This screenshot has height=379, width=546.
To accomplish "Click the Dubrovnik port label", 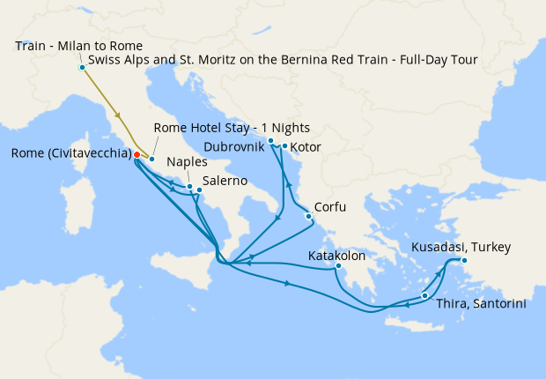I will [x=233, y=145].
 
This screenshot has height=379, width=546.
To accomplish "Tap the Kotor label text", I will [x=306, y=145].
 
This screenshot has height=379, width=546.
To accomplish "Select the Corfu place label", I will [x=331, y=207].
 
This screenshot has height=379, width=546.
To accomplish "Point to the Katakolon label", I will [x=336, y=256].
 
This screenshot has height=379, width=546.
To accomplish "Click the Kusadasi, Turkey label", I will [x=461, y=247].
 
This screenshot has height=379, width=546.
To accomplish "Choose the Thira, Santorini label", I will [x=481, y=303].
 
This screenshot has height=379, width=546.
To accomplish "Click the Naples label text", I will [x=186, y=162].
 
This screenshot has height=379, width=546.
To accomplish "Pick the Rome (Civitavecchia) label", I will [x=71, y=154].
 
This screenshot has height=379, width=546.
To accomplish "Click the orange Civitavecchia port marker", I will [x=136, y=154].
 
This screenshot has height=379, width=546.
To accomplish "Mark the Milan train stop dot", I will [x=82, y=67].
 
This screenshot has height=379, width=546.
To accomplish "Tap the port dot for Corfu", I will [x=308, y=216].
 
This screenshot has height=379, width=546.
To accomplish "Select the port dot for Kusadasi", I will [x=464, y=260].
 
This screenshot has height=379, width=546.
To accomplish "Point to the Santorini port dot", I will [x=425, y=296].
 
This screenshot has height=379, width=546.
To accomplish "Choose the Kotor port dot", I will [x=285, y=146].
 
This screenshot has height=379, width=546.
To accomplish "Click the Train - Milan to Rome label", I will [x=79, y=45].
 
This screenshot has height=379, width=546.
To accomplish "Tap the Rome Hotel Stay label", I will [x=232, y=128].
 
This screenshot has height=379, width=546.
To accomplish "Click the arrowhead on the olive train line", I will [x=118, y=115].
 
